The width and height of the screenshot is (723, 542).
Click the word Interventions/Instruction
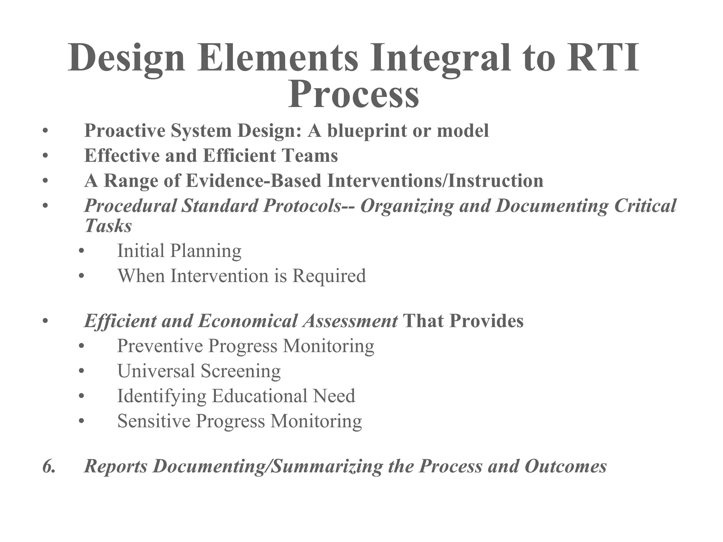click(435, 181)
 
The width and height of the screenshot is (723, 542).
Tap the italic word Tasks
click(108, 225)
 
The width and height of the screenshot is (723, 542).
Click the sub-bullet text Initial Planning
click(179, 251)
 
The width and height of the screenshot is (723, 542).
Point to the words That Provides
click(463, 321)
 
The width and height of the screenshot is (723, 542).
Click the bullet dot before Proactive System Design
click(44, 131)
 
